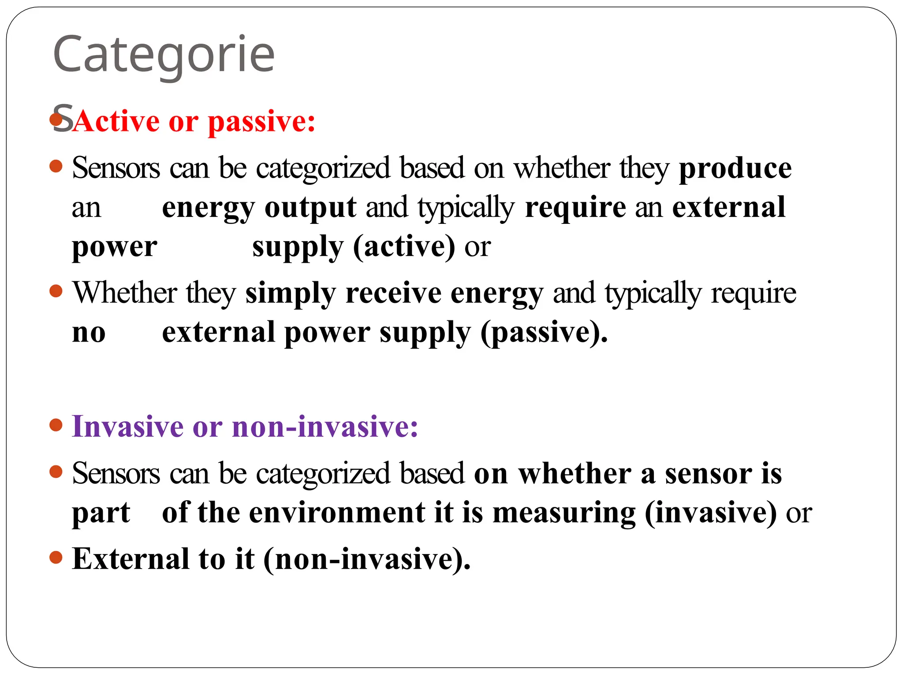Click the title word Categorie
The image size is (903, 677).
(x=164, y=55)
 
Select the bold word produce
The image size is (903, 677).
(x=735, y=169)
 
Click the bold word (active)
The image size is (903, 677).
(x=404, y=247)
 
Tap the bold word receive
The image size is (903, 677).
(x=393, y=294)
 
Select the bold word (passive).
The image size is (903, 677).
(x=544, y=333)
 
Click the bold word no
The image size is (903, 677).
(x=89, y=333)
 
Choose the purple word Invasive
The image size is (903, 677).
(x=127, y=427)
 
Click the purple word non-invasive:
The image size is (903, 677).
(x=325, y=427)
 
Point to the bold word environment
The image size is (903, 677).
(x=337, y=513)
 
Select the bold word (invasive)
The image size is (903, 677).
(x=710, y=513)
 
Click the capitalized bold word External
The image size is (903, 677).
(x=131, y=559)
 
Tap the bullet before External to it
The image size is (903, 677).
(x=56, y=558)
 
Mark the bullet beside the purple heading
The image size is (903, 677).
(x=56, y=425)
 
